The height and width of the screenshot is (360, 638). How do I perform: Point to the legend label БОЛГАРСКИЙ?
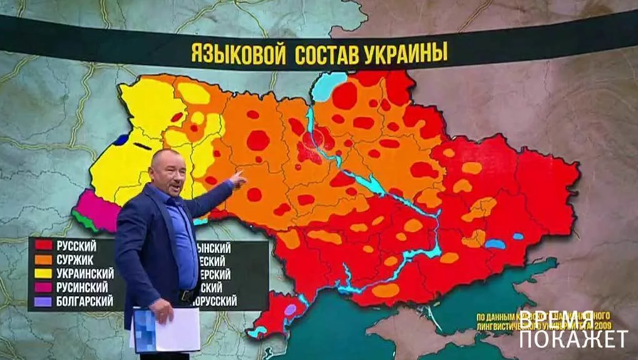pyautogui.click(x=85, y=301)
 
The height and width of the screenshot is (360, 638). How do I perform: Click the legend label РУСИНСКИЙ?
pyautogui.click(x=83, y=287)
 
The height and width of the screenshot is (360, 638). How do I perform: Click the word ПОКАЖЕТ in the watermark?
pyautogui.click(x=574, y=339)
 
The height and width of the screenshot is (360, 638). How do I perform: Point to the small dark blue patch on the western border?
pyautogui.click(x=121, y=140)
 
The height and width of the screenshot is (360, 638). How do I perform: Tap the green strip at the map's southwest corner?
pyautogui.click(x=84, y=220)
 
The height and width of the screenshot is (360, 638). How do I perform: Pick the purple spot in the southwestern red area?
pyautogui.click(x=290, y=309)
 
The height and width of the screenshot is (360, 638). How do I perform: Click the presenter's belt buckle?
pyautogui.click(x=185, y=294)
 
